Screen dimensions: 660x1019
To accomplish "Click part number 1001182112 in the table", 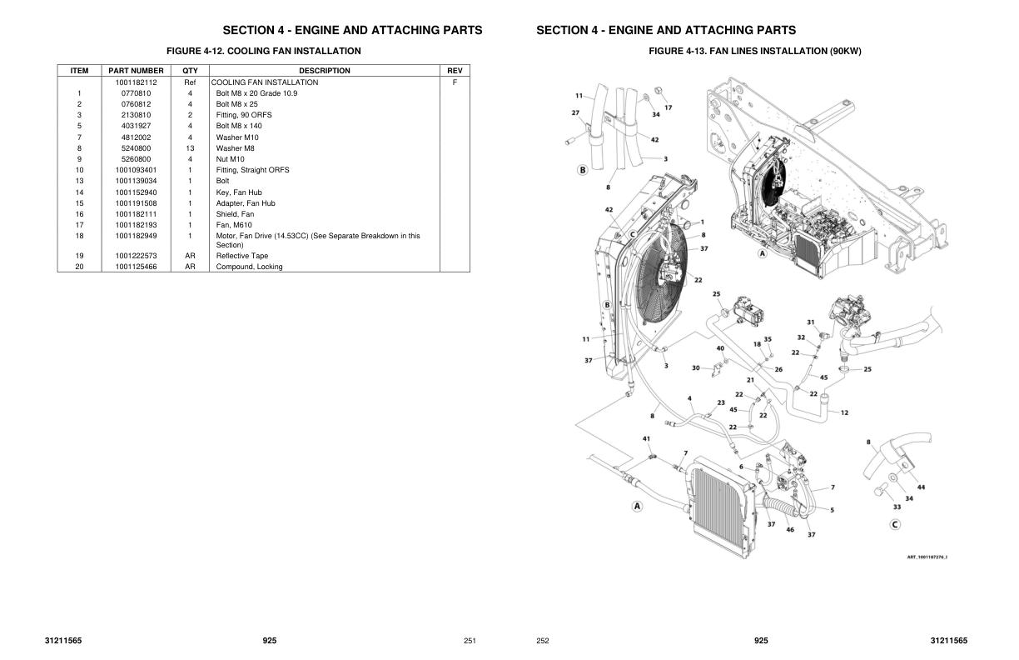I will point(136,82).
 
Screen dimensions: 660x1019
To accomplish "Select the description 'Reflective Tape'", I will point(242,256).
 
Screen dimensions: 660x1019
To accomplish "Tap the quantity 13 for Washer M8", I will point(190,148).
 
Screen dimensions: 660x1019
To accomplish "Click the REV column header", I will point(455,71).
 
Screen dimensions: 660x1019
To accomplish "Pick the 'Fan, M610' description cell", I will point(234,225).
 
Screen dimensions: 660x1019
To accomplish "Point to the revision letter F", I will point(455,82).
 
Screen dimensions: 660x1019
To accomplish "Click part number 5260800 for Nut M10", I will point(136,159).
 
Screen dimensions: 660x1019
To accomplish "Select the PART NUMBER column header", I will point(136,71).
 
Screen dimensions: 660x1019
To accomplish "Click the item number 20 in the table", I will point(79,267).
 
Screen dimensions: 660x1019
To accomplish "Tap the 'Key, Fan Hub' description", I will point(239,192).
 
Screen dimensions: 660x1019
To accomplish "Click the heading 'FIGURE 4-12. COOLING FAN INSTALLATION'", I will point(263,51).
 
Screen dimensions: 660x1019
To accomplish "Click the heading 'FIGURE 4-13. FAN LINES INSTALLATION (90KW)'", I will point(754,51).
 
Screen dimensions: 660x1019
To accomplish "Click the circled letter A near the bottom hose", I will point(638,506).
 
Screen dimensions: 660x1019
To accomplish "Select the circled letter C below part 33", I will point(895,524).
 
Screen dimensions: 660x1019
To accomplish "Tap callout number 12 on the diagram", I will point(844,412).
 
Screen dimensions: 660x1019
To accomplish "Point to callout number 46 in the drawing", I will point(790,529).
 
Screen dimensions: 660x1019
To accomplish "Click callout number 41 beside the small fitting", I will point(646,438).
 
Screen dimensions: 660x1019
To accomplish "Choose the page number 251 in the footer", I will point(470,641).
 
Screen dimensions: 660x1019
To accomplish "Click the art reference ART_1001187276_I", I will point(927,557).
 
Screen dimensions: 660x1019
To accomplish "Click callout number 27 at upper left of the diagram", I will point(575,112).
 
